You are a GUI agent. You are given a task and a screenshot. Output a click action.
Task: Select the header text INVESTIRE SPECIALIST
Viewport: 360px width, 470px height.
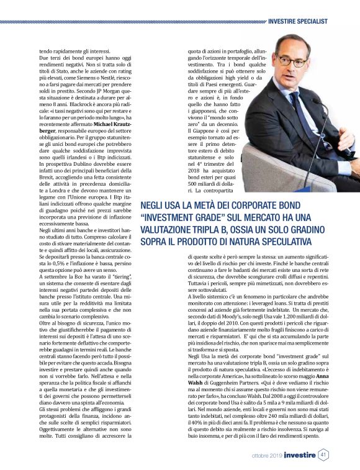tap(297, 21)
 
